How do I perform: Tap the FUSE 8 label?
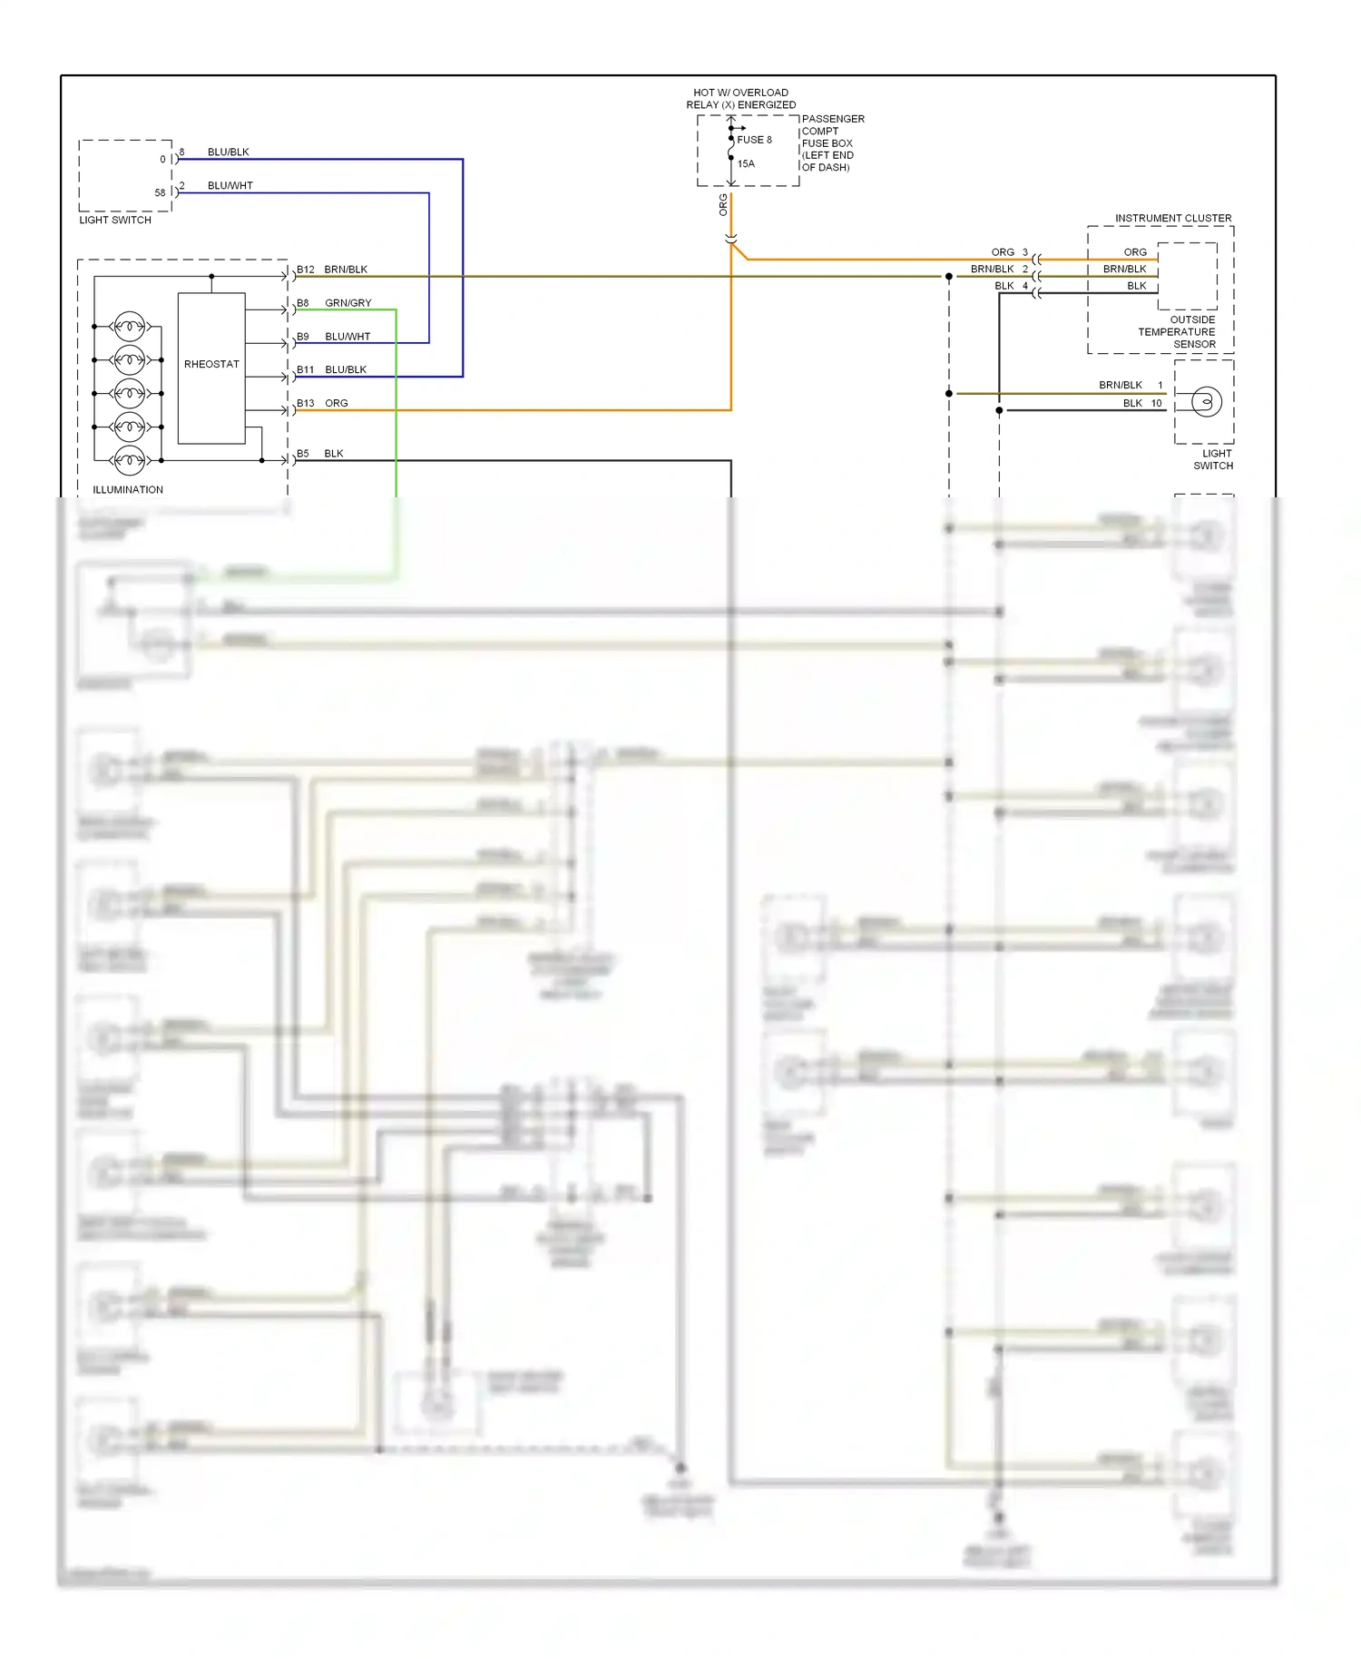pyautogui.click(x=754, y=140)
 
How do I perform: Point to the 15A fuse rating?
pyautogui.click(x=746, y=164)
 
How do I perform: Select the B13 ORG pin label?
pyautogui.click(x=323, y=403)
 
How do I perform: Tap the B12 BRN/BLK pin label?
pyautogui.click(x=332, y=270)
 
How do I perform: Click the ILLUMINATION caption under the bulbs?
pyautogui.click(x=128, y=490)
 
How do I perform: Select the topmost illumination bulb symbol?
pyautogui.click(x=129, y=326)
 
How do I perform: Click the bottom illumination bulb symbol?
pyautogui.click(x=129, y=460)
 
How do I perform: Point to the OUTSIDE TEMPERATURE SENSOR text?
pyautogui.click(x=1178, y=332)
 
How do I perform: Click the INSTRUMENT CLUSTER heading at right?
pyautogui.click(x=1173, y=219)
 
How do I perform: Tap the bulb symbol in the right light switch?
pyautogui.click(x=1206, y=401)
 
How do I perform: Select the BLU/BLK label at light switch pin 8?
pyautogui.click(x=228, y=152)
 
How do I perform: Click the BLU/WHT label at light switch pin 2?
pyautogui.click(x=230, y=186)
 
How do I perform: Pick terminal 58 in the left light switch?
pyautogui.click(x=160, y=192)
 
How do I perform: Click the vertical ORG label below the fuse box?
pyautogui.click(x=723, y=205)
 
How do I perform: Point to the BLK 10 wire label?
pyautogui.click(x=1141, y=403)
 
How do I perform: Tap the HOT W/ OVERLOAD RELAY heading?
pyautogui.click(x=740, y=99)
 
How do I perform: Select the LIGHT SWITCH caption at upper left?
pyautogui.click(x=115, y=221)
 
